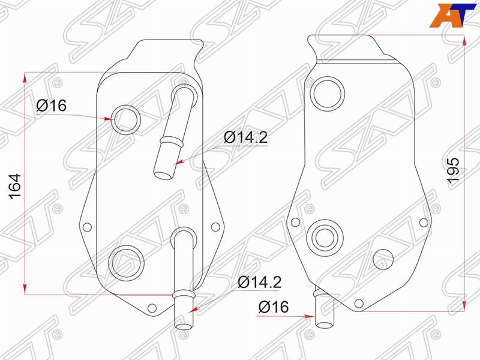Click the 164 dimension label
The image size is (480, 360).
click(x=15, y=187)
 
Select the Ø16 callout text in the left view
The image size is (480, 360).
click(x=51, y=106)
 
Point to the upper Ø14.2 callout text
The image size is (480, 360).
click(x=246, y=137)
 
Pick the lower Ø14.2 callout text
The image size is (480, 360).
click(x=260, y=282)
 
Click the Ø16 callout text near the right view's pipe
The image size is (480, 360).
click(x=274, y=307)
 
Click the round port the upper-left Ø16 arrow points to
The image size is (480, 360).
click(x=125, y=118)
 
